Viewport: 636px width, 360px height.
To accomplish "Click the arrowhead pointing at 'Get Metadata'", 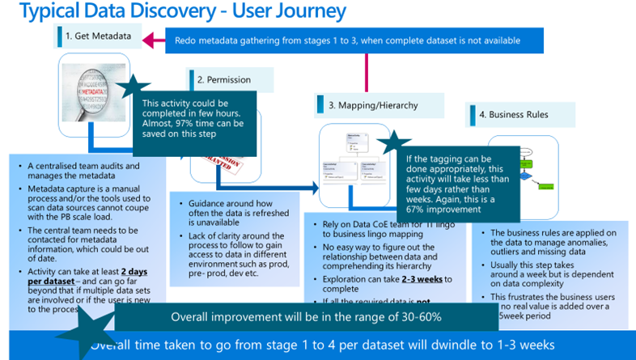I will [x=150, y=39].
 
